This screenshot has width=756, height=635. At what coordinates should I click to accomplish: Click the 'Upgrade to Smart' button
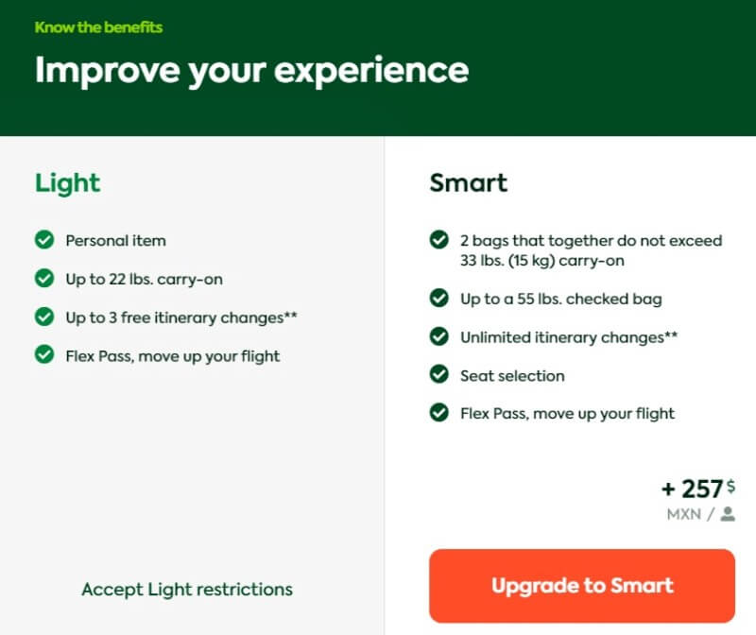(x=582, y=585)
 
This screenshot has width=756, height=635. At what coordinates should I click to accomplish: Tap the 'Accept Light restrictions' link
(x=187, y=590)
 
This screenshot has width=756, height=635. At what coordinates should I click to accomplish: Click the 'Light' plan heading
(x=67, y=183)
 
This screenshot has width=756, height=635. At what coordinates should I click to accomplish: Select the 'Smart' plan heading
(x=468, y=182)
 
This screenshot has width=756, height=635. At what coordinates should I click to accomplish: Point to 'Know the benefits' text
(x=98, y=27)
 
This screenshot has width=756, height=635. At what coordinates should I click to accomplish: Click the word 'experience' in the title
(x=371, y=72)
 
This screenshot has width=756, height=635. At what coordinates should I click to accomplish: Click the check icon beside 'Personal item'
(x=44, y=240)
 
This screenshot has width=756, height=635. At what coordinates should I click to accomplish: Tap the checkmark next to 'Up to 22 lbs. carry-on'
(x=44, y=278)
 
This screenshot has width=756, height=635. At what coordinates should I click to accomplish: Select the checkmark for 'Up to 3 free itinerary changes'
(x=44, y=317)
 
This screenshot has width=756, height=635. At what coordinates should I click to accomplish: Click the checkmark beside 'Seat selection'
(x=438, y=374)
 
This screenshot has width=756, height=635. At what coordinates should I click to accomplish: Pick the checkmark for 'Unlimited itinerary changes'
(x=438, y=336)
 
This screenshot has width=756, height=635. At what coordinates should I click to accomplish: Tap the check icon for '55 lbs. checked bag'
(x=438, y=298)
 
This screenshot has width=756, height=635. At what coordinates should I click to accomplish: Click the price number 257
(x=702, y=489)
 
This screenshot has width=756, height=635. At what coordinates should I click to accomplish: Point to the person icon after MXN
(x=728, y=514)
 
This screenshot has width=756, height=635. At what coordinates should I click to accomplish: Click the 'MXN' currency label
(x=684, y=514)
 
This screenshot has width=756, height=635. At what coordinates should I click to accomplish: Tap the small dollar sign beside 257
(x=730, y=486)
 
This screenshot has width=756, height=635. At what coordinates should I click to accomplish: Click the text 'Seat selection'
(x=512, y=375)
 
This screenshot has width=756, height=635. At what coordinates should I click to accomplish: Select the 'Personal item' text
(x=115, y=241)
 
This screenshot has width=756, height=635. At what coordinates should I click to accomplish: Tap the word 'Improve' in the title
(x=107, y=71)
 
